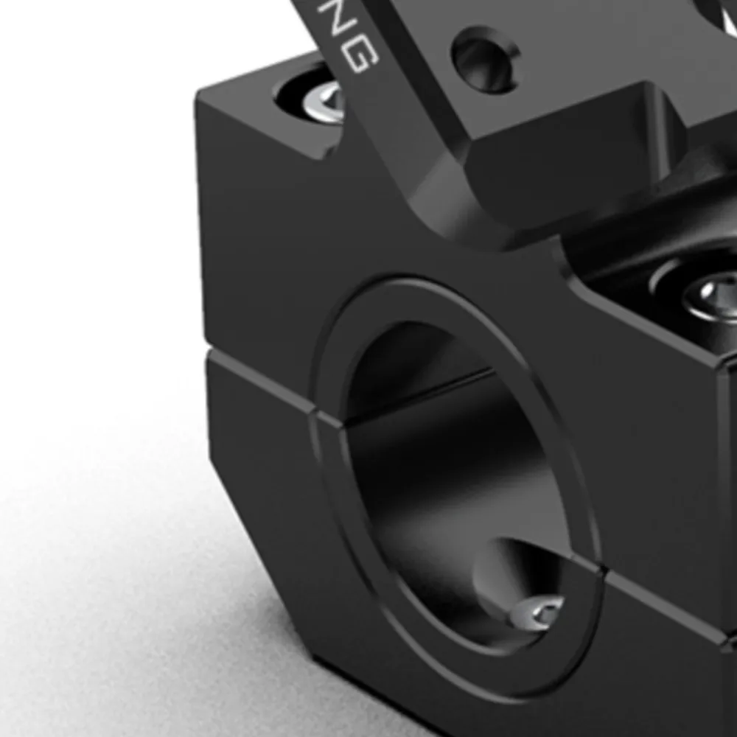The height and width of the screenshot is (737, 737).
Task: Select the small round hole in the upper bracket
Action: (x=485, y=59)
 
